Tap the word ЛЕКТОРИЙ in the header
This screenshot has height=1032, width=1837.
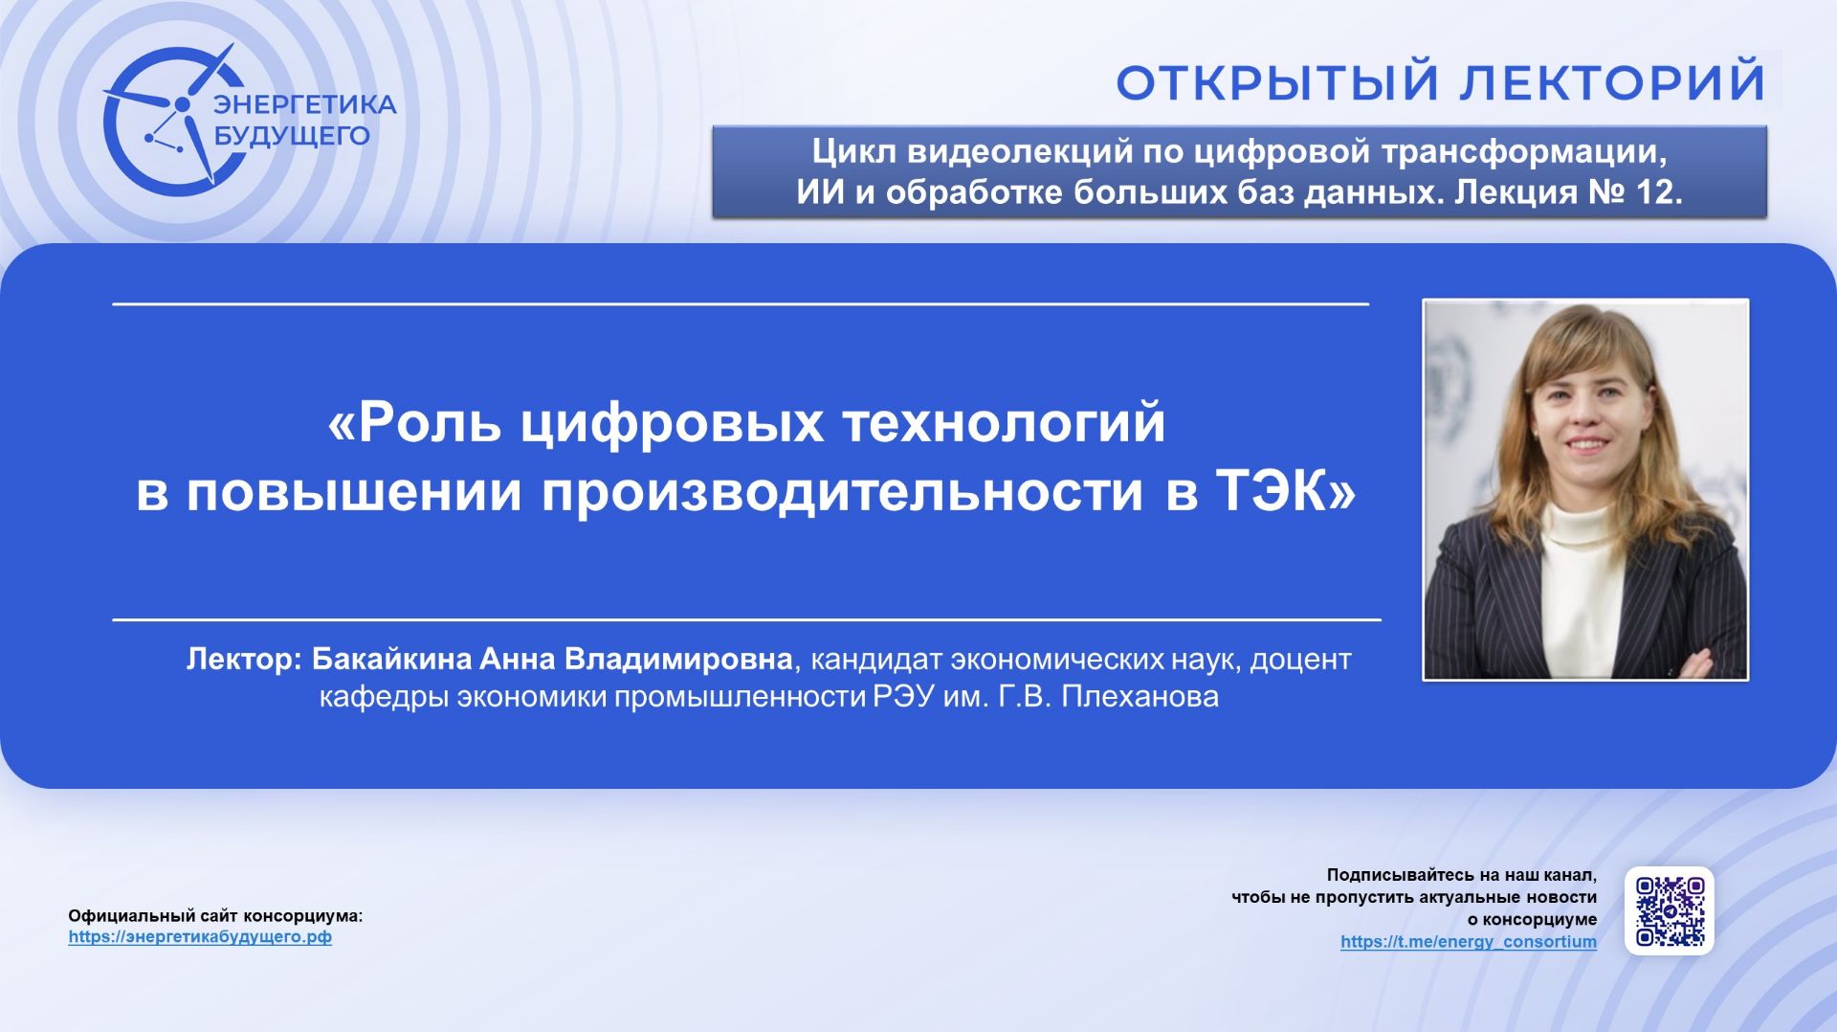(1612, 82)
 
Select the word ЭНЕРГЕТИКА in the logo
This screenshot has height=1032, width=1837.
(304, 104)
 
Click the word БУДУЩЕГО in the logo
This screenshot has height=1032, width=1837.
(291, 136)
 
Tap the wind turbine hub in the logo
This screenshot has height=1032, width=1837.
(182, 103)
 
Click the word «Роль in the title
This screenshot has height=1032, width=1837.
(414, 422)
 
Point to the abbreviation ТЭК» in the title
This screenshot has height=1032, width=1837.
(1285, 491)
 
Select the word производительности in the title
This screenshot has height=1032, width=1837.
(842, 491)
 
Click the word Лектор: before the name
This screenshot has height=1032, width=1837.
(244, 660)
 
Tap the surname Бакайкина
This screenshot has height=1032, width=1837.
(391, 660)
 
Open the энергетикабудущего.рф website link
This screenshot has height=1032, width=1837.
(200, 937)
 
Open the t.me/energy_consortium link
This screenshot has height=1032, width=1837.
(1468, 942)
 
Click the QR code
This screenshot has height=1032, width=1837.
(1669, 910)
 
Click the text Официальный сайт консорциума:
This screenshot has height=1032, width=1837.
(215, 916)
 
